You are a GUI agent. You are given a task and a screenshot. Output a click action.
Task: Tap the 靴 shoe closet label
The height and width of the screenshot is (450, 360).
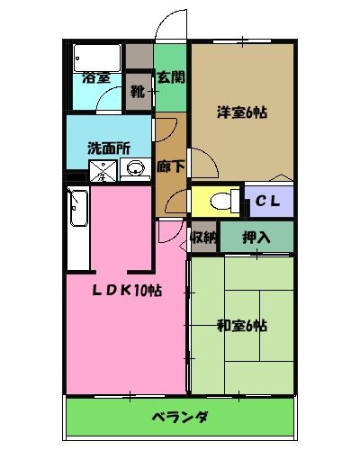(x=138, y=91)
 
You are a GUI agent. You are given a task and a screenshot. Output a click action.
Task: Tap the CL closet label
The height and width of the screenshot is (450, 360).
(x=267, y=201)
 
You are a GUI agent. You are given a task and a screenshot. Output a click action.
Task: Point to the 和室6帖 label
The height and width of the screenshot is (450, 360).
(x=241, y=326)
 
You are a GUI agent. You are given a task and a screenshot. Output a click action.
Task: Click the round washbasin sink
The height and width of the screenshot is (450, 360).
(x=137, y=168)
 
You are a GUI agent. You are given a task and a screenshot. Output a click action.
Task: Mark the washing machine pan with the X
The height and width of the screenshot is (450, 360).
(x=105, y=169)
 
